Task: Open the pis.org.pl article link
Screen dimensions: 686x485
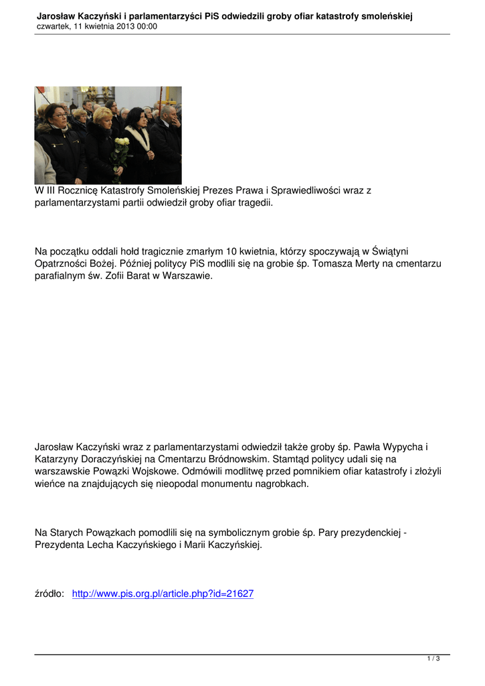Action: [x=163, y=594]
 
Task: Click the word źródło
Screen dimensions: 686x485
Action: [x=50, y=594]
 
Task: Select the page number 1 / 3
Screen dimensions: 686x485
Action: [x=433, y=659]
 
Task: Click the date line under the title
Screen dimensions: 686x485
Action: [x=97, y=26]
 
